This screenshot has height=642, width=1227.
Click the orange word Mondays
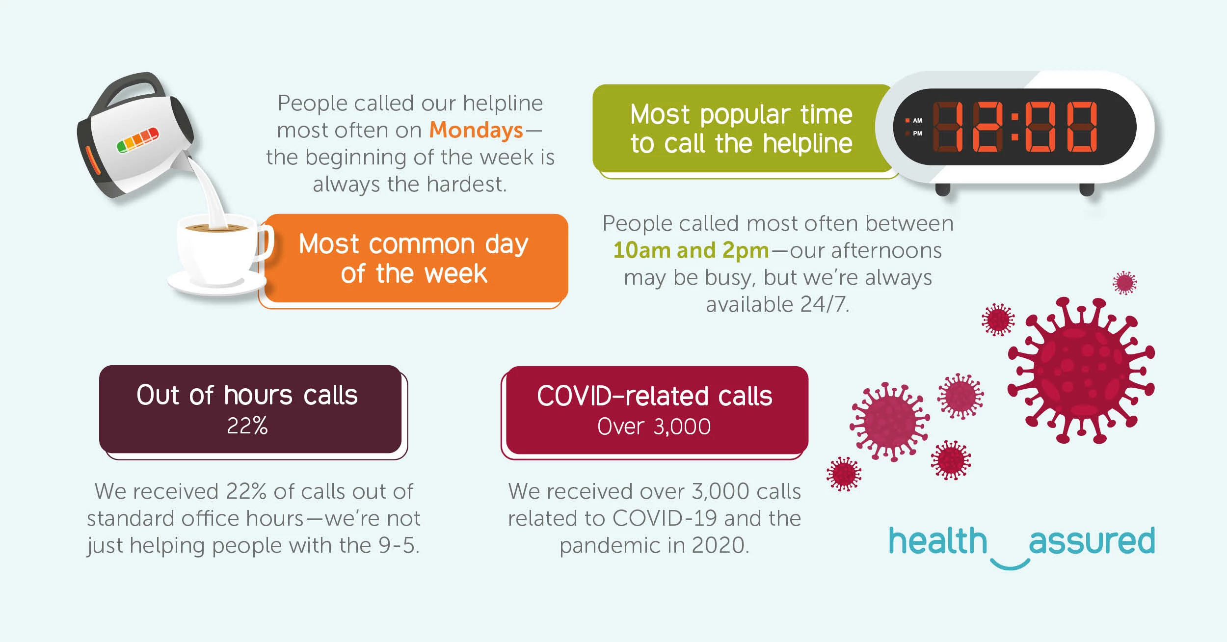[x=476, y=131]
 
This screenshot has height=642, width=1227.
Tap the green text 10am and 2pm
[x=691, y=251]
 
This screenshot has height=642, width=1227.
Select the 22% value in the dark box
[x=247, y=426]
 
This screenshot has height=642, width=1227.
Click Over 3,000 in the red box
[x=654, y=427]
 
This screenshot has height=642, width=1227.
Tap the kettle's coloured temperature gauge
[x=138, y=139]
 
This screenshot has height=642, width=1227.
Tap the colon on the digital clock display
[x=1014, y=127]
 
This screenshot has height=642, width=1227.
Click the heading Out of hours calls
[x=247, y=395]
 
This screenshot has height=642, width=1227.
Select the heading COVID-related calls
[x=654, y=396]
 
